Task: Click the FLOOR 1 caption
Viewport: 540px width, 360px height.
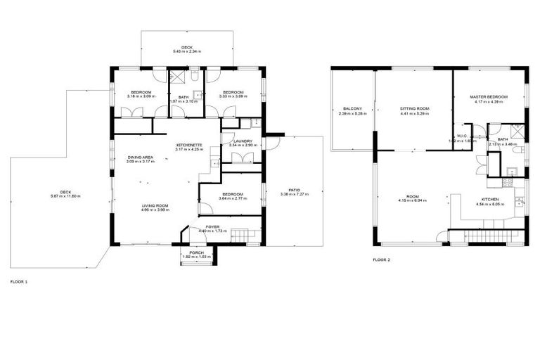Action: tap(19, 281)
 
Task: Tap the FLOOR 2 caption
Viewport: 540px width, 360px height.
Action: tap(382, 260)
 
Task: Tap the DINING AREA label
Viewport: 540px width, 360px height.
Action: tap(141, 157)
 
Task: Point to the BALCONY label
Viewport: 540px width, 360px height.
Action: tap(352, 108)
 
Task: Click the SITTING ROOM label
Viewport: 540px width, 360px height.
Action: tap(415, 108)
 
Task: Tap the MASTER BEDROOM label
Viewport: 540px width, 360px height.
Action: tap(489, 97)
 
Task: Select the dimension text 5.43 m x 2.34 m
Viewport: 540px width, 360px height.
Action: tap(186, 52)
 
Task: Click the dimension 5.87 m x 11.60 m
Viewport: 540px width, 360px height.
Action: tap(65, 195)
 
